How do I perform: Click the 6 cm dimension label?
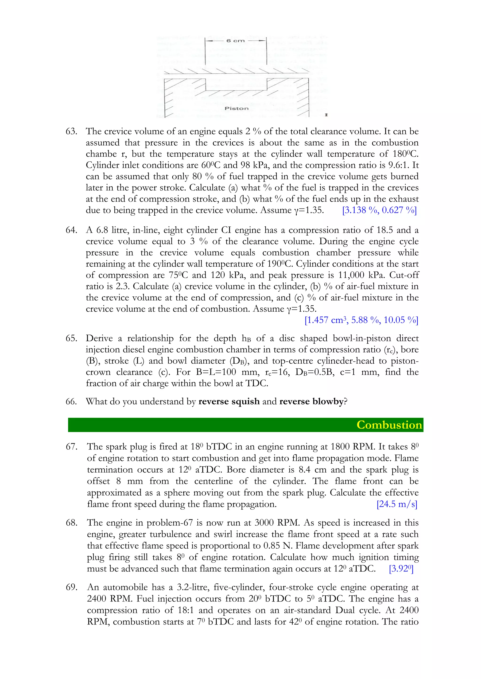236,41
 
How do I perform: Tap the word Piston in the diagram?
236,108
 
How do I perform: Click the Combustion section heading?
389,425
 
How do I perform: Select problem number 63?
71,131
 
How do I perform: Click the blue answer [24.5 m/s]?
397,504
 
